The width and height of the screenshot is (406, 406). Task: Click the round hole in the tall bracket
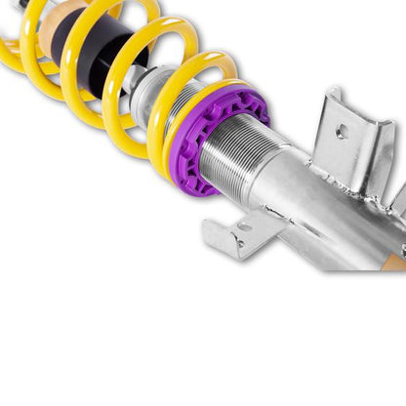coord(341,131)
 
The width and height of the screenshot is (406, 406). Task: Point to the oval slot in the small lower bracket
coord(242,227)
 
